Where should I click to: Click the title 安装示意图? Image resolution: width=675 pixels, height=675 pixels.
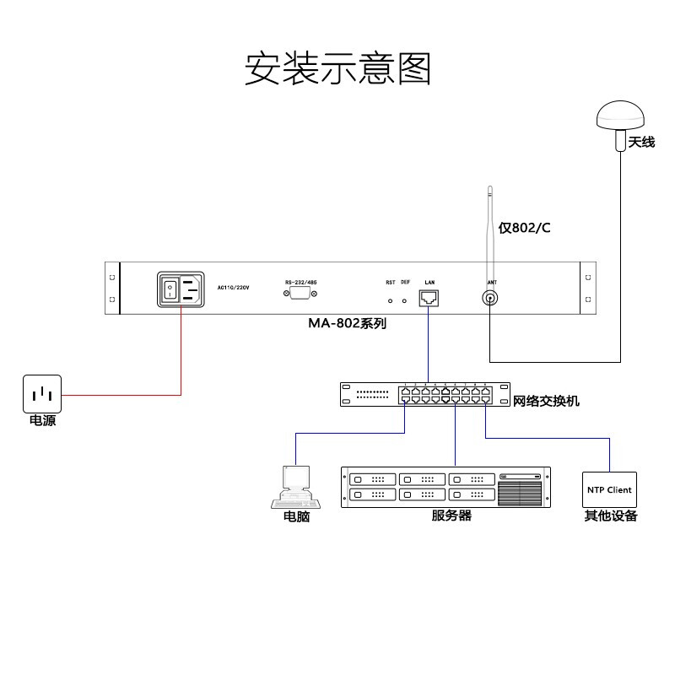(337, 68)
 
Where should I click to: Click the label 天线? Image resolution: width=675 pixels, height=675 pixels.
(641, 143)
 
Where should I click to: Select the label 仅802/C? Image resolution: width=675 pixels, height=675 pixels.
(524, 228)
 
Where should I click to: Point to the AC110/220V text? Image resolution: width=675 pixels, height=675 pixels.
(234, 287)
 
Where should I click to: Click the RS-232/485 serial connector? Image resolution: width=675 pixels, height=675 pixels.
(300, 293)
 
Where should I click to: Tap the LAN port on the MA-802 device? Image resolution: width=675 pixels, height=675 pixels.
(429, 297)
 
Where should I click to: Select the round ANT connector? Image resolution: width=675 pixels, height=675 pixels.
(490, 298)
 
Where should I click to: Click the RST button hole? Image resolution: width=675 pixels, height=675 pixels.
(390, 300)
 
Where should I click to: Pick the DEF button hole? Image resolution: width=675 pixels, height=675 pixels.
(405, 300)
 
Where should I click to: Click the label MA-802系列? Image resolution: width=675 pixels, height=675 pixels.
(347, 323)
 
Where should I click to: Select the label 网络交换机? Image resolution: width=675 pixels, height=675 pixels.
(546, 402)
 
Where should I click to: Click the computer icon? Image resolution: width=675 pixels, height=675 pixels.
(292, 487)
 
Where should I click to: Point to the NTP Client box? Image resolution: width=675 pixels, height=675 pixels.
(608, 489)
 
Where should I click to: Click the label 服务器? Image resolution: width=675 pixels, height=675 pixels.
(451, 516)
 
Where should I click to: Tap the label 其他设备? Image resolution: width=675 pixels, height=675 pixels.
(610, 516)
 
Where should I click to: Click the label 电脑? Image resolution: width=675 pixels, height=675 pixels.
(296, 517)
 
